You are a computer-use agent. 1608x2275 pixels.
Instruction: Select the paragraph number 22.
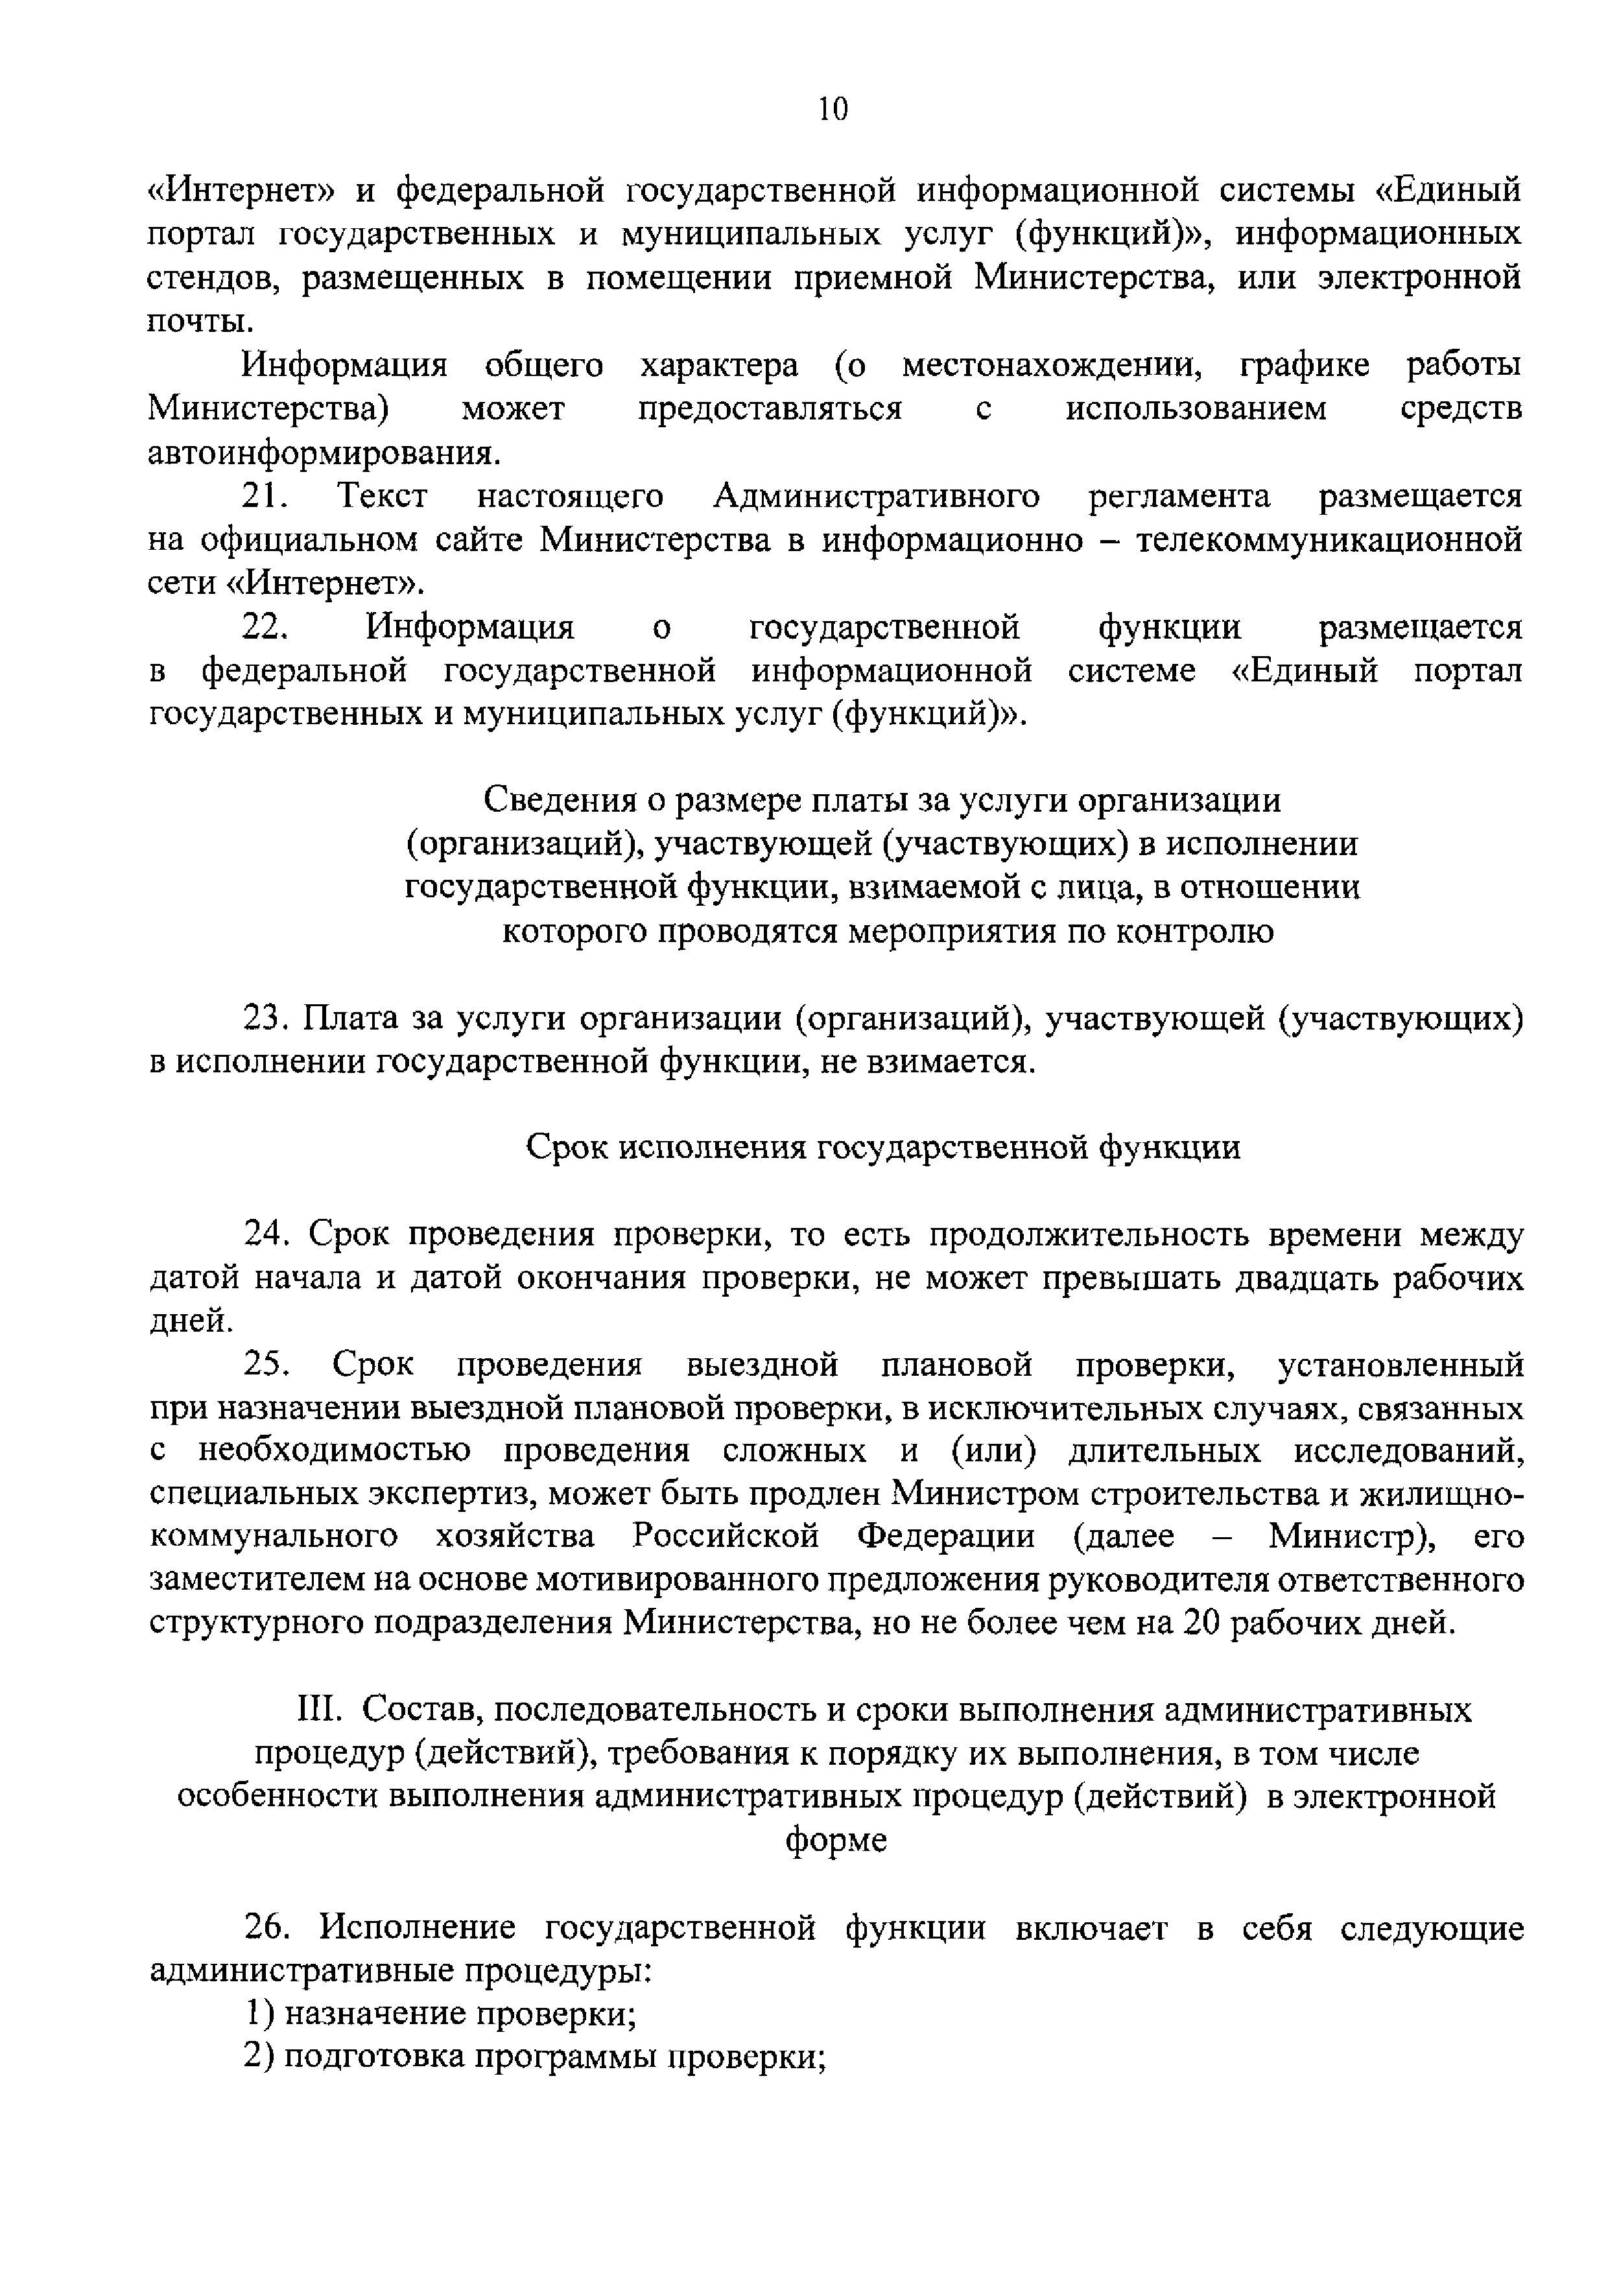(x=266, y=627)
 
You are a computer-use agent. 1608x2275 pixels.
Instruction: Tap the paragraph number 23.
(x=266, y=1019)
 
